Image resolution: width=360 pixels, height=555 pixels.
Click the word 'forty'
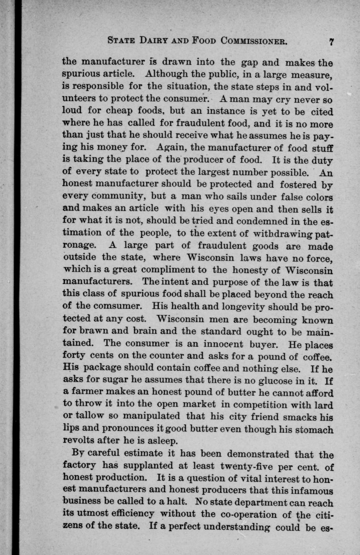coord(76,356)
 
